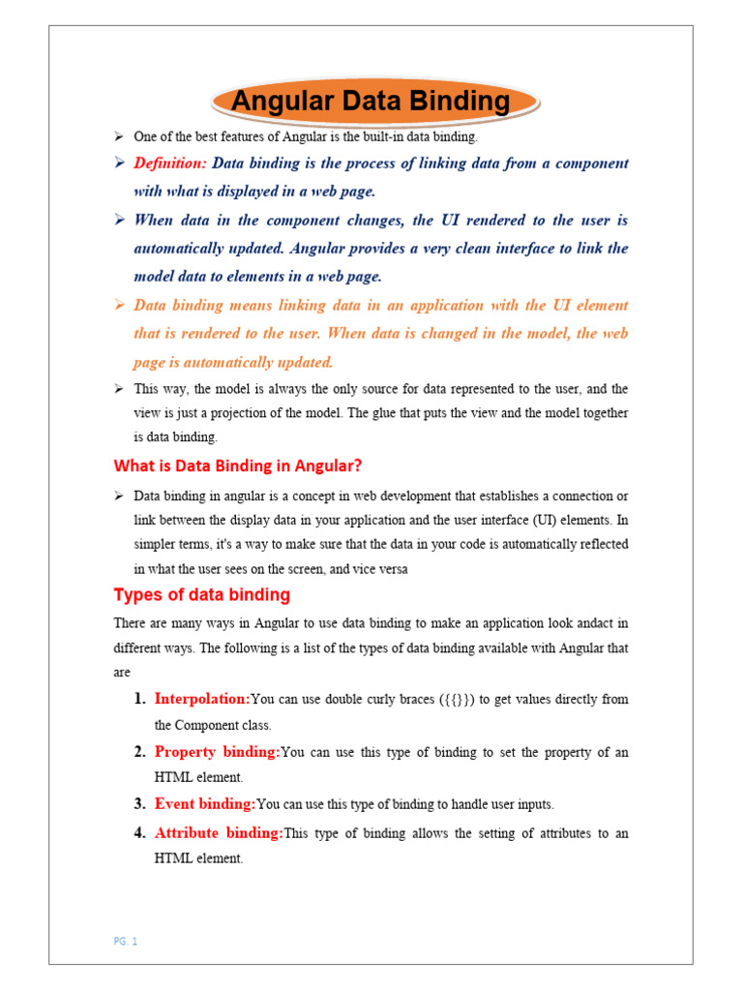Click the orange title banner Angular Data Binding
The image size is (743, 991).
point(372,101)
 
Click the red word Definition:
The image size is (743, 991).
point(170,163)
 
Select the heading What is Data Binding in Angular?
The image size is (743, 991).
point(238,465)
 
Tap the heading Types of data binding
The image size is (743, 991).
point(201,594)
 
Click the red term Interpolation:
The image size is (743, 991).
point(202,699)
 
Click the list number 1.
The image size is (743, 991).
point(139,699)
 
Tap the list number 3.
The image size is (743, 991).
point(139,803)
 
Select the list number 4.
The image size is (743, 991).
point(139,832)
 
